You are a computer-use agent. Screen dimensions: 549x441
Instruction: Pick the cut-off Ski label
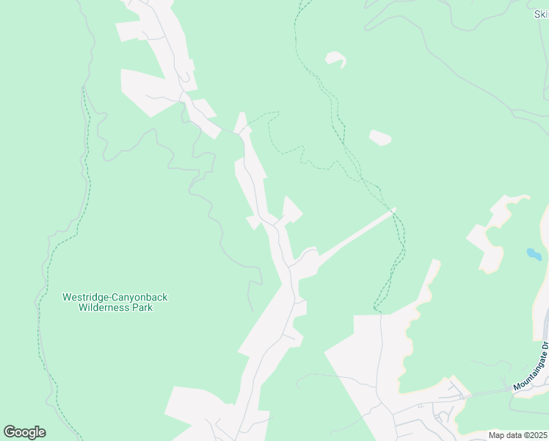[x=541, y=14]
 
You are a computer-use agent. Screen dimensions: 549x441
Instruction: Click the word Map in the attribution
[x=497, y=435]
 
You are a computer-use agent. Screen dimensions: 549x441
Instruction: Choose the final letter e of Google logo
[x=41, y=432]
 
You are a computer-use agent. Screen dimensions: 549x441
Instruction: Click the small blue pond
[x=534, y=254]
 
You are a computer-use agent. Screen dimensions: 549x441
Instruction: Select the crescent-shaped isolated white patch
[x=336, y=58]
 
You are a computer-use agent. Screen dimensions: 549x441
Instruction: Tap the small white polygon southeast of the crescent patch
[x=379, y=137]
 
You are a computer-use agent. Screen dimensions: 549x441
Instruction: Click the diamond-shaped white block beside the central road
[x=291, y=211]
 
